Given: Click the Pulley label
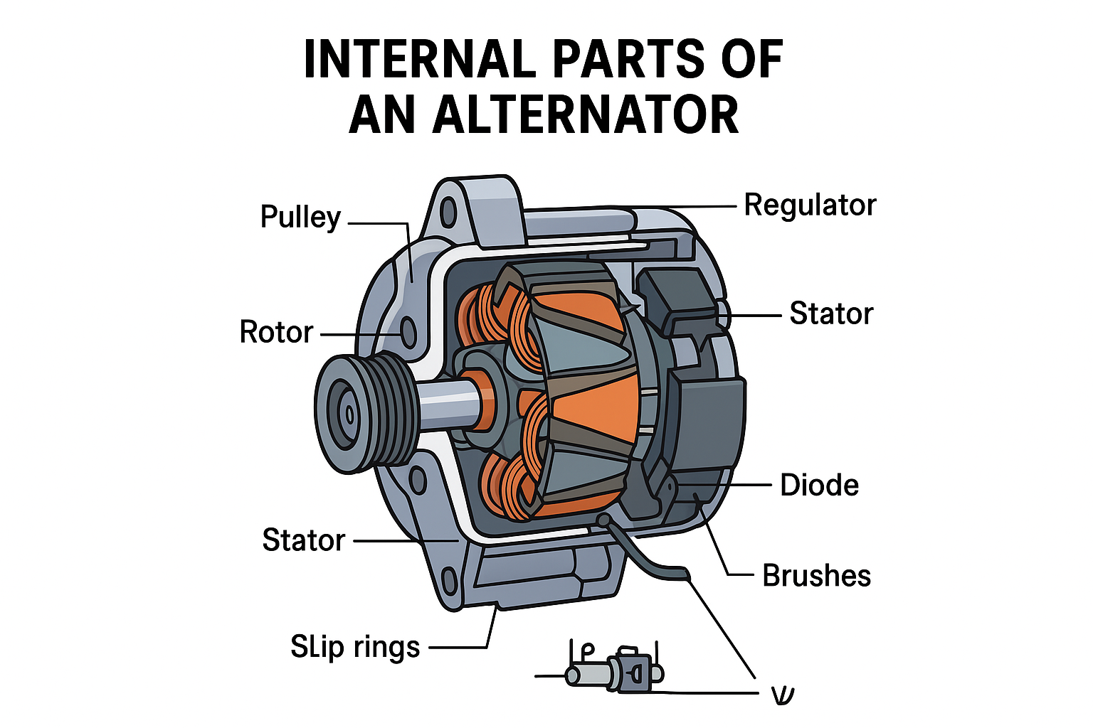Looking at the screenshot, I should pyautogui.click(x=300, y=218).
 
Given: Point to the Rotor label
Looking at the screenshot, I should pyautogui.click(x=276, y=332).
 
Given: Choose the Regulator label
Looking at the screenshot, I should pyautogui.click(x=810, y=205).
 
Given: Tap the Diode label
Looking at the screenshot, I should pyautogui.click(x=819, y=486).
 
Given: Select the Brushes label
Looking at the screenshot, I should pyautogui.click(x=816, y=576).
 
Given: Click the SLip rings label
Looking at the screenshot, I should pyautogui.click(x=355, y=647).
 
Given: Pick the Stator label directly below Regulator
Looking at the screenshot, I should pyautogui.click(x=831, y=314).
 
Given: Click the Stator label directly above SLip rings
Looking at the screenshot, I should pyautogui.click(x=303, y=540).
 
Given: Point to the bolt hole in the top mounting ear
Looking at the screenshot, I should pyautogui.click(x=449, y=212).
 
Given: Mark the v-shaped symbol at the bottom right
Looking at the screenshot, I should pyautogui.click(x=783, y=695).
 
